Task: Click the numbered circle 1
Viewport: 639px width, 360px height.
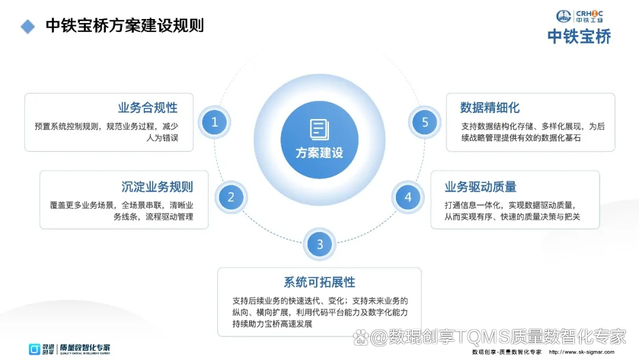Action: [214, 123]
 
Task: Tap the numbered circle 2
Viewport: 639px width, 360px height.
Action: [231, 197]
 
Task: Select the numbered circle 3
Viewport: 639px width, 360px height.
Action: [319, 244]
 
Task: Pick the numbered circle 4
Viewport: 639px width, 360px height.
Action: [408, 197]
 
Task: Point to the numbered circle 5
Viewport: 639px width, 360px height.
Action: [425, 123]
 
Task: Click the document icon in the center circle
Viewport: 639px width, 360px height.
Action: [319, 129]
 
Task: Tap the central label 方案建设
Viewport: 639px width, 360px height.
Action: [319, 153]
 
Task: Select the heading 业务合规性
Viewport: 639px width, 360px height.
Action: [147, 108]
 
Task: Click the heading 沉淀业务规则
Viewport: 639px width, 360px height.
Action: [157, 187]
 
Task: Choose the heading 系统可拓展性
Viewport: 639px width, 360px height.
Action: [319, 282]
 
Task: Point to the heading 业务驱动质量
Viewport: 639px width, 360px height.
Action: [480, 187]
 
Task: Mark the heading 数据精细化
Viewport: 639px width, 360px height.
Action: [490, 108]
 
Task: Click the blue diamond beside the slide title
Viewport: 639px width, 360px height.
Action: [28, 27]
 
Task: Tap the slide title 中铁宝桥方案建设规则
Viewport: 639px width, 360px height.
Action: [124, 27]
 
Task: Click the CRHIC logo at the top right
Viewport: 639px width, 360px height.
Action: [579, 16]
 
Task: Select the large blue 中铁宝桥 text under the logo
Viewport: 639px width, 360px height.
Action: [579, 37]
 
